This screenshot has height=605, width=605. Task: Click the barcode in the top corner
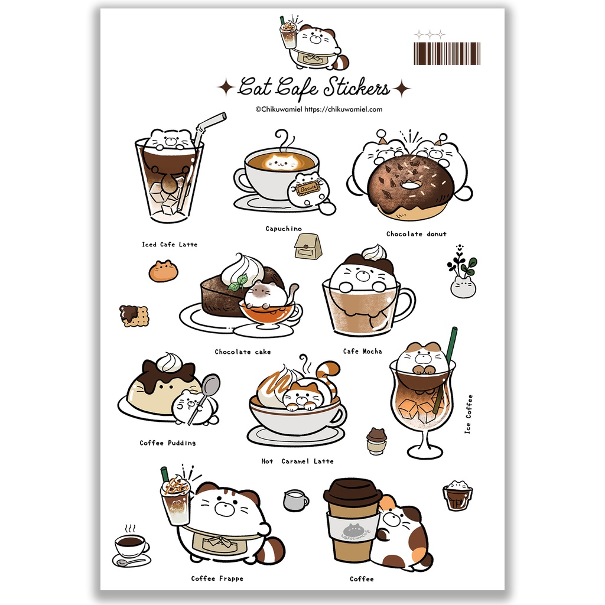click(x=447, y=53)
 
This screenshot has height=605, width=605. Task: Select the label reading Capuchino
click(x=284, y=229)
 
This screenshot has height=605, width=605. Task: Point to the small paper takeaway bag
click(x=308, y=246)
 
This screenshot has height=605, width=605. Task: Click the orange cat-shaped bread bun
click(x=163, y=271)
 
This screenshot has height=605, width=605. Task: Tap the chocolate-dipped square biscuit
click(x=134, y=315)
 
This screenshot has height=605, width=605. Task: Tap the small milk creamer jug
click(x=295, y=500)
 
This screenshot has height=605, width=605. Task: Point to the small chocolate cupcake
click(x=376, y=441)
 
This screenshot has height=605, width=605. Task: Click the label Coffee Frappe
click(x=217, y=578)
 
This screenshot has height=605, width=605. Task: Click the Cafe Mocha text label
click(x=362, y=352)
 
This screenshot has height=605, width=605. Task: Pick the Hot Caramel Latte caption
click(x=297, y=461)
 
